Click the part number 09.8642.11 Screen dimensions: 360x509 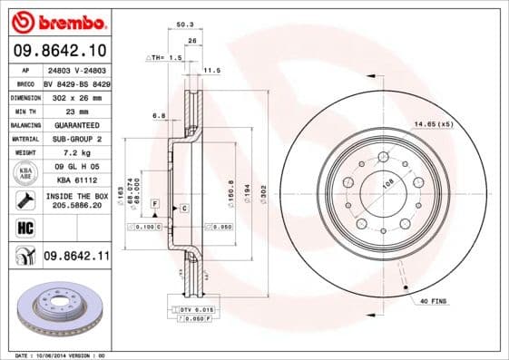point(75,257)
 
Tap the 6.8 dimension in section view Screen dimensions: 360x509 point(158,115)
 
